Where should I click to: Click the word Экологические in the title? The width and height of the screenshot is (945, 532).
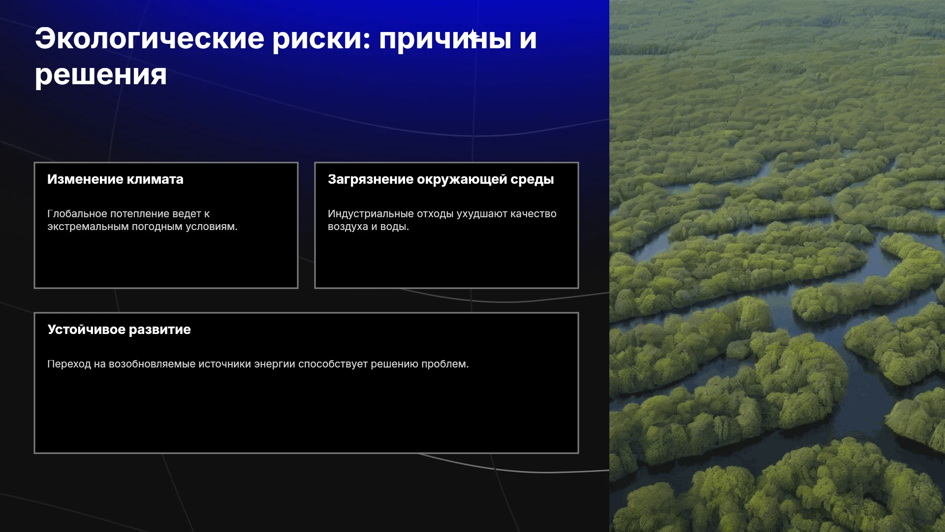point(150,38)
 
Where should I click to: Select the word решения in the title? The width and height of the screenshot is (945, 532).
point(101,75)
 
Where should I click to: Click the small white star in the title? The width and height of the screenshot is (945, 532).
point(472,35)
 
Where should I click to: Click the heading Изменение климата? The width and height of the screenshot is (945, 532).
point(115,179)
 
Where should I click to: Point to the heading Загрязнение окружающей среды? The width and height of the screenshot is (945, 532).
point(441,180)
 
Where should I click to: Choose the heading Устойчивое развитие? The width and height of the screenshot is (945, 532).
point(119,330)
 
